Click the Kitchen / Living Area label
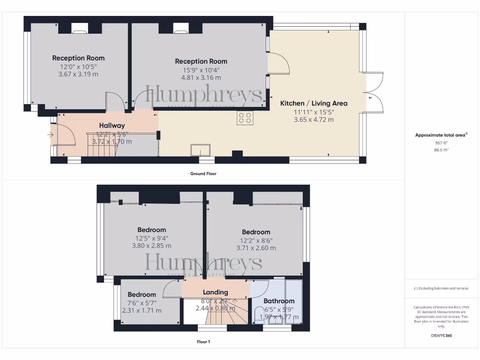click(314, 103)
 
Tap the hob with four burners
click(245, 118)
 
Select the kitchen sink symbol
click(200, 150)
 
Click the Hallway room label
click(112, 125)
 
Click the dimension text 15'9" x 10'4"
click(201, 70)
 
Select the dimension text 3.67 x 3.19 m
click(78, 74)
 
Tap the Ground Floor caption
click(203, 173)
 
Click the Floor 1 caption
click(203, 342)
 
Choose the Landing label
click(215, 292)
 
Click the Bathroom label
click(279, 301)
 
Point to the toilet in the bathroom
click(258, 314)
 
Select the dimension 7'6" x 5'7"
click(142, 302)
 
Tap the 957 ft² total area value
click(442, 143)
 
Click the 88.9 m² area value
click(442, 150)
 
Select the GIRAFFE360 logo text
click(442, 336)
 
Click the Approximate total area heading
click(441, 135)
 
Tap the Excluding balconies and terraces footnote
click(441, 288)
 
